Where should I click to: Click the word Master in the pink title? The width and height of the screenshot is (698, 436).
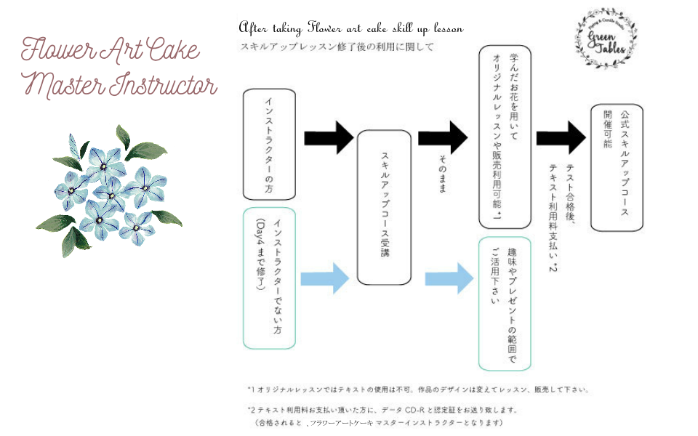coord(63,85)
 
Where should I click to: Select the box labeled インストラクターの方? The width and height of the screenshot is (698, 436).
coord(269,144)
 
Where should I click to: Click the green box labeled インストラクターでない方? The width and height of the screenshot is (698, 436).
coord(269,277)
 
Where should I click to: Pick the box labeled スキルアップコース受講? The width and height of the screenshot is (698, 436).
coord(385,208)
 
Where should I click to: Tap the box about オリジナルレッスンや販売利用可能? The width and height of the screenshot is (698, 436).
coord(505,137)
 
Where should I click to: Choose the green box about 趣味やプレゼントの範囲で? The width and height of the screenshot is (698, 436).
coord(505,302)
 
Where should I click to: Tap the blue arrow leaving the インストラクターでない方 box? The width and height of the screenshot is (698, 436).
coord(324,277)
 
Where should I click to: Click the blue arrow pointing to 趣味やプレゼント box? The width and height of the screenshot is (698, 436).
coord(446,277)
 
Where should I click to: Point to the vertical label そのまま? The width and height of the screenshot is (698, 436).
coord(443,174)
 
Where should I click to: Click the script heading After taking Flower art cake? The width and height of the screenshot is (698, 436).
coord(351,28)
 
